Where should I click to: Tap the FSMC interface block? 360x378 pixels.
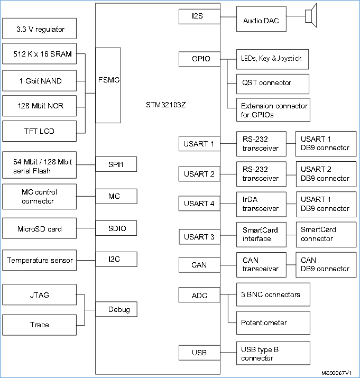click(108, 80)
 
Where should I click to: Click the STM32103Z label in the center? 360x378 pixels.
click(165, 104)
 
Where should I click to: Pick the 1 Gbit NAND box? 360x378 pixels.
click(40, 81)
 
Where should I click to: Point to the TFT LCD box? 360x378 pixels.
click(40, 131)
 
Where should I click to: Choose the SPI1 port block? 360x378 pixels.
click(116, 164)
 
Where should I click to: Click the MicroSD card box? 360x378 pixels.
click(40, 229)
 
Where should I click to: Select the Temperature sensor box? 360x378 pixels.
click(40, 260)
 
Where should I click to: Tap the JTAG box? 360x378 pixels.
click(40, 295)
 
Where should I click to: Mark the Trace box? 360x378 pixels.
click(40, 325)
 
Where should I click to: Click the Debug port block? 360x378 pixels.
click(116, 309)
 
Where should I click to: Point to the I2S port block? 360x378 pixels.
click(199, 17)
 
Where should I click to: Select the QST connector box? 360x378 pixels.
click(273, 83)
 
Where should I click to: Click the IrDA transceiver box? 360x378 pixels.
click(261, 204)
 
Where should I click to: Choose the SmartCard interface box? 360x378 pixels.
click(261, 234)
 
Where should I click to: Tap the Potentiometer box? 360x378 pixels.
click(273, 322)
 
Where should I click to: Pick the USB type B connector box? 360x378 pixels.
click(273, 353)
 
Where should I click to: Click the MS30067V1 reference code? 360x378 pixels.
click(336, 372)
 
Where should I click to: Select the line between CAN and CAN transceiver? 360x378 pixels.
click(228, 264)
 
